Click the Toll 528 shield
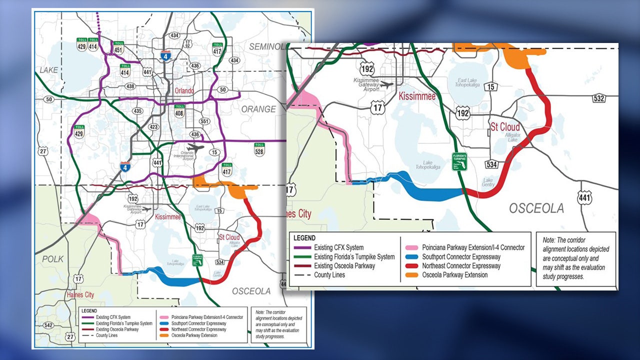click(259, 148)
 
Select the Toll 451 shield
click(118, 47)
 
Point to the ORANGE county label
click(258, 109)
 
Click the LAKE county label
click(46, 70)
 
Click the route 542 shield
click(48, 325)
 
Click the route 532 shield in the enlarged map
click(599, 97)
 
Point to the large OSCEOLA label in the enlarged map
click(536, 208)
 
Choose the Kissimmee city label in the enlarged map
click(417, 96)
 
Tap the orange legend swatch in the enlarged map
click(411, 275)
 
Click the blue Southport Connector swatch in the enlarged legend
click(411, 256)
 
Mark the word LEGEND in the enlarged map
click(304, 238)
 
